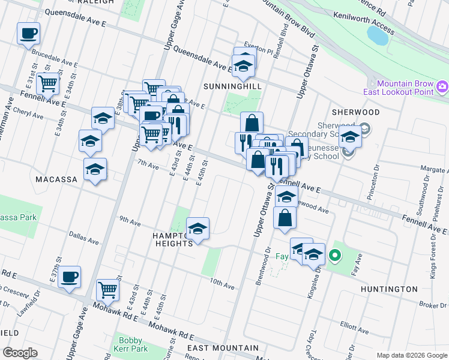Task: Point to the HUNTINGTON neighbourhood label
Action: click(389, 289)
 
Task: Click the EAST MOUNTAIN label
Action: click(223, 348)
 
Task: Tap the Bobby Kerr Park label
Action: click(130, 344)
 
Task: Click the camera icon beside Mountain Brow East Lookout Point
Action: click(442, 87)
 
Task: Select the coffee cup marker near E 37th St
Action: click(70, 277)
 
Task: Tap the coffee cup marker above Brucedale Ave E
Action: click(28, 33)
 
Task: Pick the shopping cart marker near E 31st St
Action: click(47, 83)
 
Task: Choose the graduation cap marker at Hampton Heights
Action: click(197, 228)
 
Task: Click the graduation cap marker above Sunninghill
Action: click(244, 66)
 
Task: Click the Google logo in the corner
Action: click(20, 353)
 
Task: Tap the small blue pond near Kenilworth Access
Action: click(379, 35)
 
